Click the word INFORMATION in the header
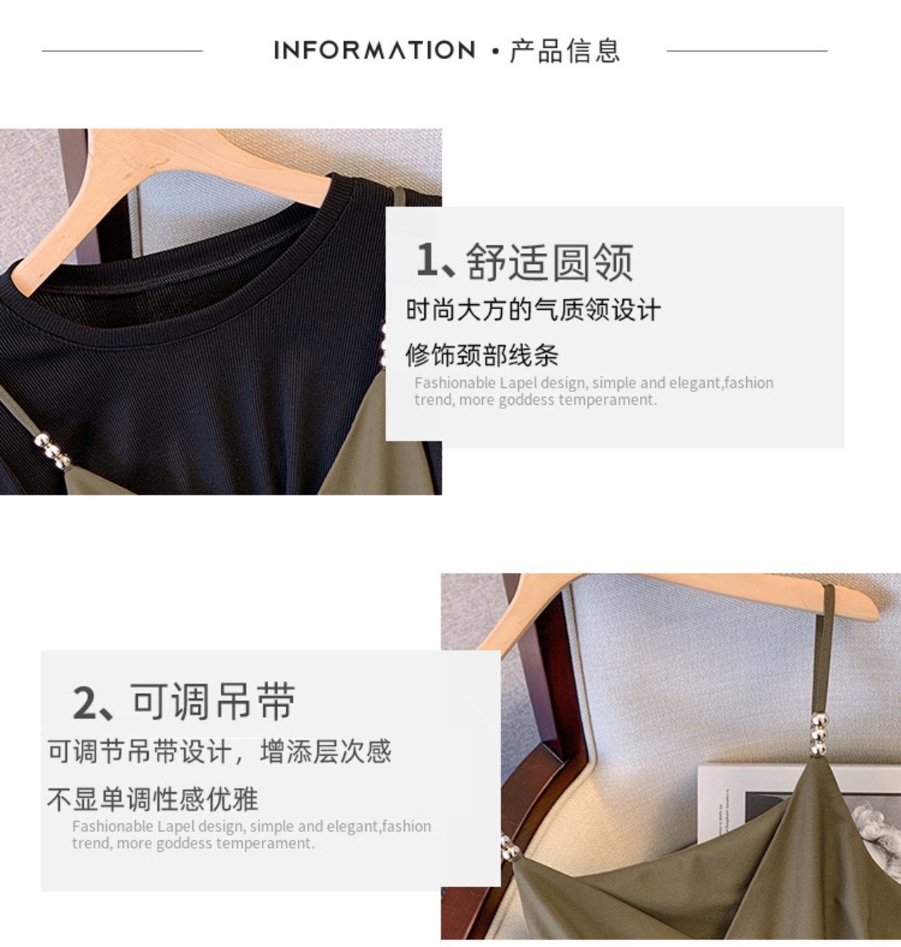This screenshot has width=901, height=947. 374,50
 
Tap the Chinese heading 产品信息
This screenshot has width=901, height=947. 565,50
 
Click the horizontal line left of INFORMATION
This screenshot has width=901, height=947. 122,51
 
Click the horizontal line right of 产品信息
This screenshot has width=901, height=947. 747,51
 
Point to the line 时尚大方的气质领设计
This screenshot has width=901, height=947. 533,309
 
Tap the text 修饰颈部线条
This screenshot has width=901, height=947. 482,356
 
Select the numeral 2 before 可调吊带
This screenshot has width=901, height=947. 84,703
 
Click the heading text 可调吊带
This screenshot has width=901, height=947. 213,701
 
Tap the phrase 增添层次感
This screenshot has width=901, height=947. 325,751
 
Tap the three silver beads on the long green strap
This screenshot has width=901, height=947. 818,734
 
